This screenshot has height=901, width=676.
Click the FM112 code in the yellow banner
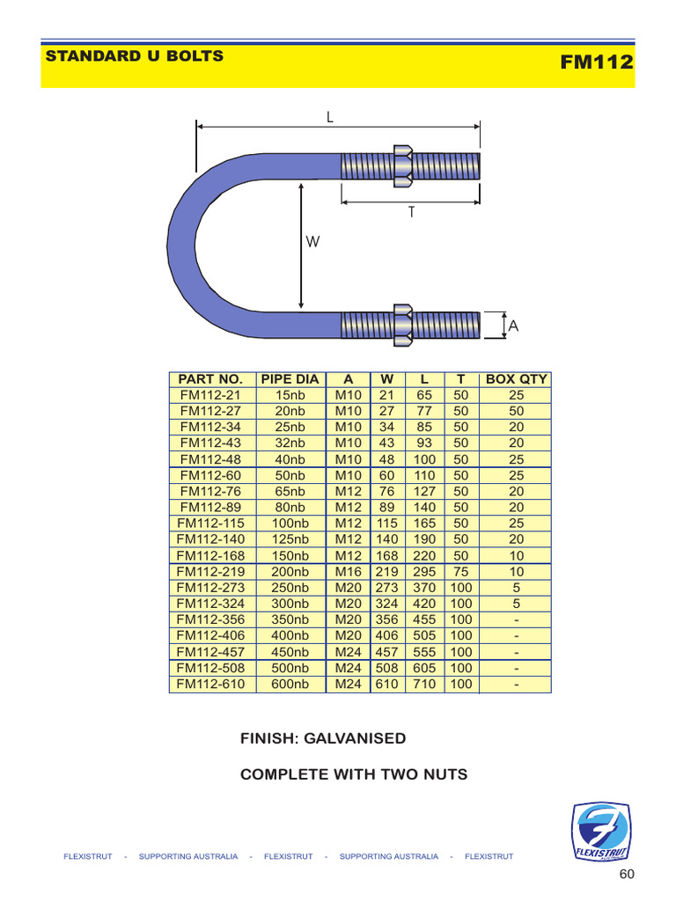596,62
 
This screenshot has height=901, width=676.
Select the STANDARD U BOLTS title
134,56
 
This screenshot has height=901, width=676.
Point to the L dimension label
330,116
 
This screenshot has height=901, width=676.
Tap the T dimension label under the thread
410,213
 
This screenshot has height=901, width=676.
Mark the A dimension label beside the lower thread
513,326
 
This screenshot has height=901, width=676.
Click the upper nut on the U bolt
402,165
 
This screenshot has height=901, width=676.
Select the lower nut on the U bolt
402,325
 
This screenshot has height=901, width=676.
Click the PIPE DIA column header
290,379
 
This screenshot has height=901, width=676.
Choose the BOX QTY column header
516,379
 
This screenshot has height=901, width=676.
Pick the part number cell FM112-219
211,572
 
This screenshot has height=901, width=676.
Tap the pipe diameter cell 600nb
290,684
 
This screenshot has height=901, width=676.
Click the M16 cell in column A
349,572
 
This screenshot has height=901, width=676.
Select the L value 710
424,684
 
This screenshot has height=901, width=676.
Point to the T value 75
461,572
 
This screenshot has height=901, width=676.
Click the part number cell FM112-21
211,395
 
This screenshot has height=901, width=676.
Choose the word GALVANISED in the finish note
355,738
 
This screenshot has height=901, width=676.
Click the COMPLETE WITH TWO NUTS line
354,774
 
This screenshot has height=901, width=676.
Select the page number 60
626,874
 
